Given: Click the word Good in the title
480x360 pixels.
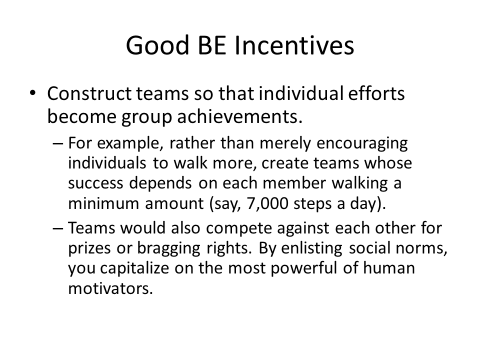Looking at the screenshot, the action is tap(157, 45).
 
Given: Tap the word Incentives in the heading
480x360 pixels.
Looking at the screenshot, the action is tap(294, 45).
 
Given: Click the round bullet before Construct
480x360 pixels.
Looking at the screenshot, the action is tap(33, 93).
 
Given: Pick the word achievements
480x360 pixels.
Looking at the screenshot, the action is tap(240, 116).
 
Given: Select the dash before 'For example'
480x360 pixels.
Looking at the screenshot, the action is tap(58, 143).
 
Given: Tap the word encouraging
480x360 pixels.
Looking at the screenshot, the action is tap(362, 143).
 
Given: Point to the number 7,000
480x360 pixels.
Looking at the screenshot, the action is tap(267, 203).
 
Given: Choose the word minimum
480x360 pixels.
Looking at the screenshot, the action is tap(103, 203).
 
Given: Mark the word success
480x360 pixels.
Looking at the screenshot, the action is tap(95, 183).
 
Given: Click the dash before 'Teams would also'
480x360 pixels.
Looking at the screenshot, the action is tap(58, 228).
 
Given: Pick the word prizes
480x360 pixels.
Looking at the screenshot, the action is tap(89, 248).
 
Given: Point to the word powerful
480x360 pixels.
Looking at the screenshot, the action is tap(303, 268).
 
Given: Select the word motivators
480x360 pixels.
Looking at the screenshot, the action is tap(110, 288).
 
